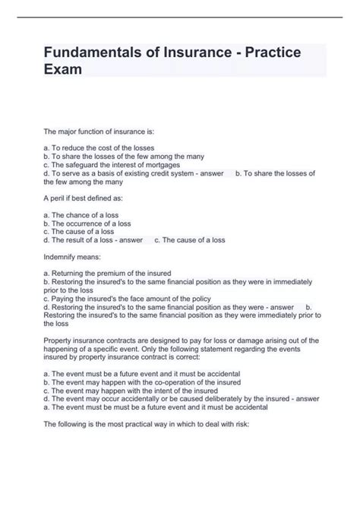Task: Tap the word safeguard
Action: point(84,164)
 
